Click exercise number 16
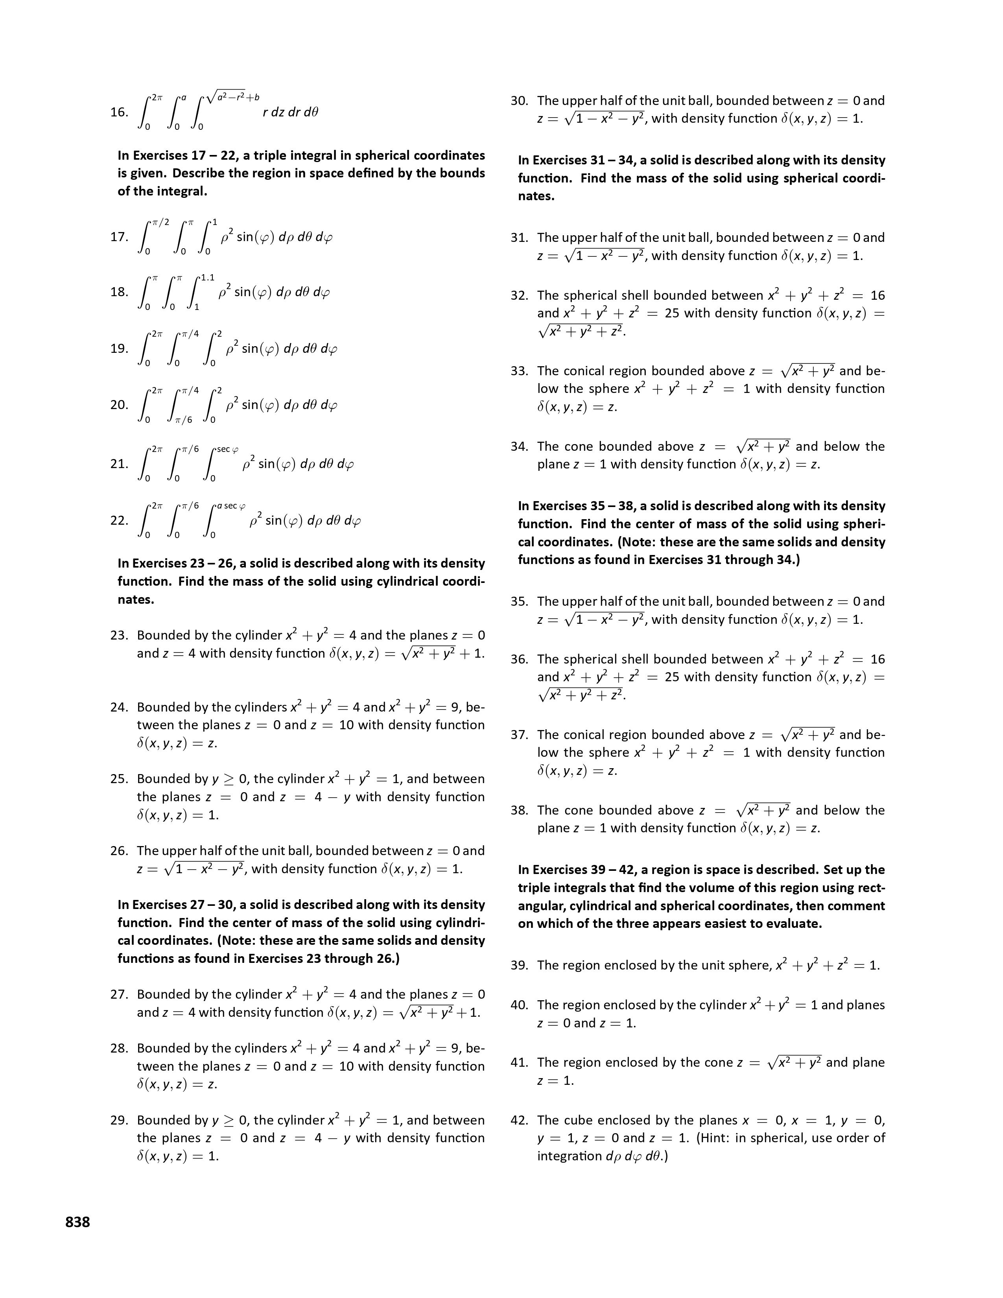pyautogui.click(x=118, y=112)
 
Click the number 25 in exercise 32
pyautogui.click(x=672, y=313)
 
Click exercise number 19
pyautogui.click(x=118, y=348)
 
